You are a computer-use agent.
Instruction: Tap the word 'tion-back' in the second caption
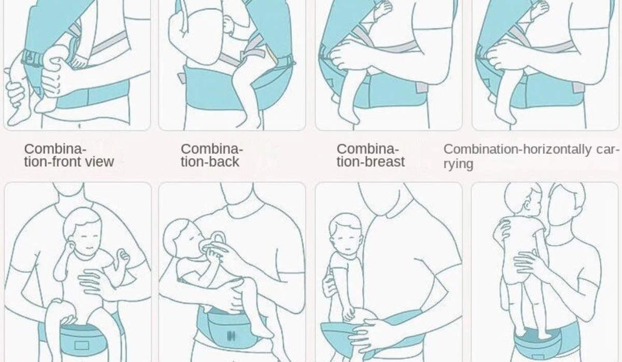210,161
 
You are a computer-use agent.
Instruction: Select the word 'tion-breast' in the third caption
371,161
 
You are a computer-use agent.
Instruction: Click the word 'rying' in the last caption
458,164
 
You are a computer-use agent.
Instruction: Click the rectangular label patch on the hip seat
82,345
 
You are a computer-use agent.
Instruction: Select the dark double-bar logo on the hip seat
231,336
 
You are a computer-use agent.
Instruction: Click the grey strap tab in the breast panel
422,88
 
